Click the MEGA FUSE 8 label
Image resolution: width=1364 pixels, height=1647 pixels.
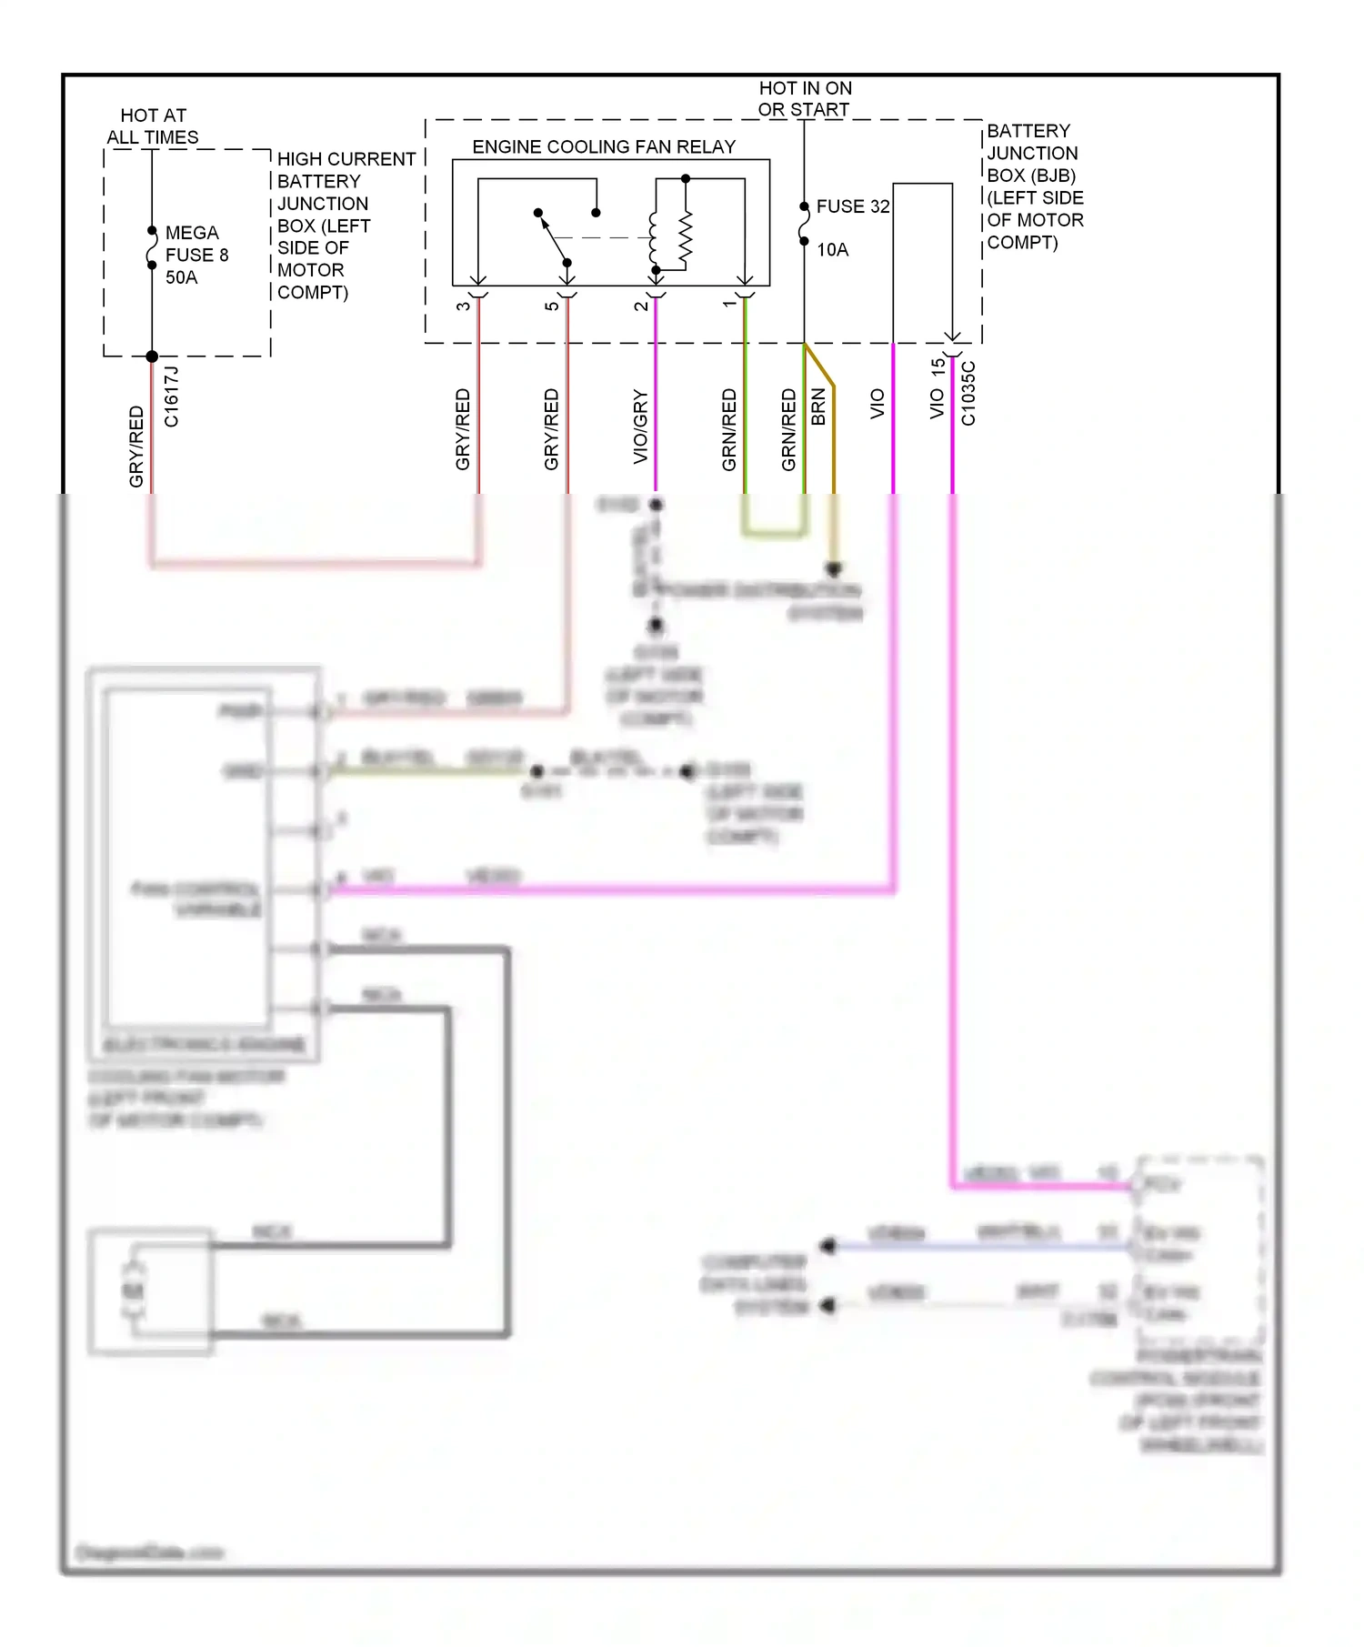click(x=196, y=244)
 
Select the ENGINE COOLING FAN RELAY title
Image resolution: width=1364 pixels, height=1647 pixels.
click(x=604, y=146)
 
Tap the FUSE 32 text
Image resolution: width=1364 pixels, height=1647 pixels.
click(x=852, y=206)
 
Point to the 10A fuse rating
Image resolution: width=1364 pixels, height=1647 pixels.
click(x=832, y=250)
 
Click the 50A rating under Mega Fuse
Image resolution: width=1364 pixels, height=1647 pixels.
click(x=181, y=277)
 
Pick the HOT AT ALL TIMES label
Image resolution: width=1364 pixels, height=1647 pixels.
click(x=153, y=126)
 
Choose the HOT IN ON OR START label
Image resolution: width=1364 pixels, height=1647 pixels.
click(x=805, y=98)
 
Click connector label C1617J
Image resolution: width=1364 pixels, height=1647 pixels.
click(x=172, y=397)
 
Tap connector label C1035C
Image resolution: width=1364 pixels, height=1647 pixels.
click(x=968, y=394)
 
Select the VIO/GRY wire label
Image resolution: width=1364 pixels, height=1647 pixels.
click(x=640, y=427)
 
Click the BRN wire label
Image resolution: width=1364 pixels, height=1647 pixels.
click(x=818, y=407)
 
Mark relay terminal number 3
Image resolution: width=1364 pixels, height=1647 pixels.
click(x=464, y=306)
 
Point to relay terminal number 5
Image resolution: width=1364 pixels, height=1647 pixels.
click(x=552, y=306)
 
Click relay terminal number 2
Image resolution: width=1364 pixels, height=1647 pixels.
click(x=641, y=306)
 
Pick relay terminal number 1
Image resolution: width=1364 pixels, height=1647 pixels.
click(x=729, y=304)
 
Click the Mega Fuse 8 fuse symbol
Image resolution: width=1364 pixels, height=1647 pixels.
click(x=152, y=247)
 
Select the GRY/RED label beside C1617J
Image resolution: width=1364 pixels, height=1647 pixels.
click(x=136, y=446)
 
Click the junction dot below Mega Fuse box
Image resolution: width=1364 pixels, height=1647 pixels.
click(x=152, y=357)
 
